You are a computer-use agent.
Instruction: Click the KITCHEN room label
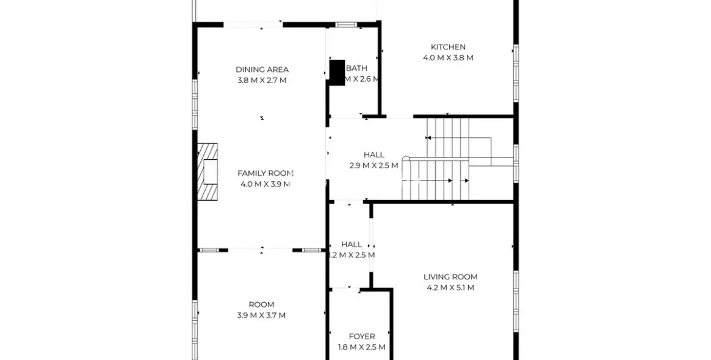[448, 47]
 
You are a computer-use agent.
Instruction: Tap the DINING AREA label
[262, 70]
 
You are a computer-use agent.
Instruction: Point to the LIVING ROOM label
[450, 277]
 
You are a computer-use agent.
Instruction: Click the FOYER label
[361, 336]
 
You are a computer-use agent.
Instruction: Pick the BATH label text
[357, 68]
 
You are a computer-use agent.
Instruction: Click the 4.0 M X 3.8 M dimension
[448, 58]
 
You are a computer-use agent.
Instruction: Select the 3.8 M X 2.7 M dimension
[262, 80]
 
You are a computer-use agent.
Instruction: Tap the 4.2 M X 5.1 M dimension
[450, 287]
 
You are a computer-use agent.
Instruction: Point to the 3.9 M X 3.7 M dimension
[261, 315]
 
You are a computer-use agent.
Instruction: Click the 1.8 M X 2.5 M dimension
[361, 347]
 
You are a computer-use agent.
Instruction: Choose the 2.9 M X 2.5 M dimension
[374, 165]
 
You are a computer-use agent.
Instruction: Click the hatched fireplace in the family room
[208, 171]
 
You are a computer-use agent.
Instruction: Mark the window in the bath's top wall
[346, 25]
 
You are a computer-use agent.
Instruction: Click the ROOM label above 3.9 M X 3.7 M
[261, 304]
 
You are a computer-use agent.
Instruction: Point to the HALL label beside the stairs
[374, 155]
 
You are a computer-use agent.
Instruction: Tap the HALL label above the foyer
[352, 244]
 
